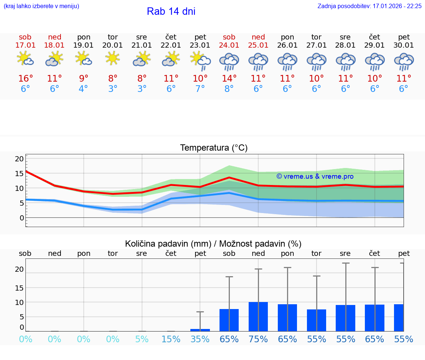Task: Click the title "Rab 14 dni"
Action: [171, 11]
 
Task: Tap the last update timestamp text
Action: [369, 6]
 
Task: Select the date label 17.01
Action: [25, 45]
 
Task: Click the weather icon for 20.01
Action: [113, 58]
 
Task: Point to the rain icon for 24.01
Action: [229, 62]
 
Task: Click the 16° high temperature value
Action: [25, 79]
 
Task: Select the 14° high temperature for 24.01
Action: [229, 79]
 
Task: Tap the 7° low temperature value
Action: [200, 89]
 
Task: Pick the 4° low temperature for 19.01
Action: [84, 89]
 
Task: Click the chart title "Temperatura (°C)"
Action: [214, 148]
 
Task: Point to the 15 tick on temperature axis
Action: [19, 174]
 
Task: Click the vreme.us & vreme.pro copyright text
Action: [315, 176]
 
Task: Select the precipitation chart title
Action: [213, 244]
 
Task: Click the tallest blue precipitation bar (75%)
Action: [258, 316]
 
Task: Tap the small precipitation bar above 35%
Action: [200, 330]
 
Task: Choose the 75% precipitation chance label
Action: [258, 339]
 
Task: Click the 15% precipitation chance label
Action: [171, 339]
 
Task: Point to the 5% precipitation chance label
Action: [142, 339]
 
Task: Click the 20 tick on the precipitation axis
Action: [19, 270]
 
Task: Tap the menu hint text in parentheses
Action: [41, 6]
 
